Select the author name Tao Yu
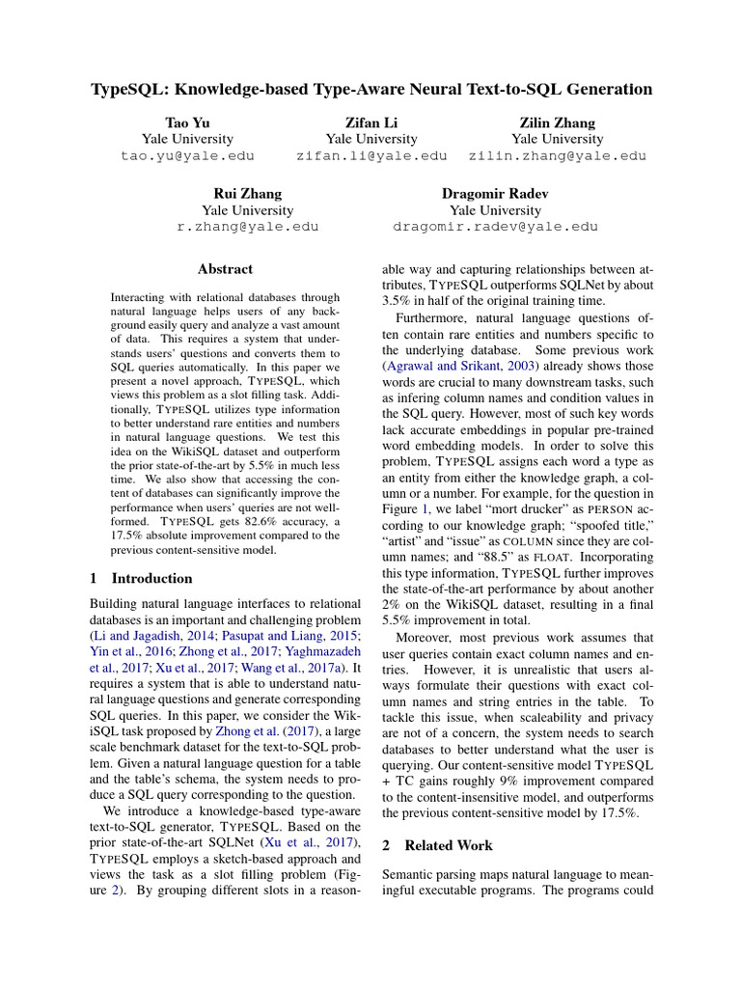click(x=187, y=123)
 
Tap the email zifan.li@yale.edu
click(x=371, y=155)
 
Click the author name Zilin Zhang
click(x=557, y=123)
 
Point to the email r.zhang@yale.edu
click(x=247, y=227)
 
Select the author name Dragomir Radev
click(x=495, y=194)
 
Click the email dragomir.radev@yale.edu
click(x=495, y=227)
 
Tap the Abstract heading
click(x=225, y=269)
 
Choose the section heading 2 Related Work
click(x=437, y=845)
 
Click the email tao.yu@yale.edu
click(x=187, y=155)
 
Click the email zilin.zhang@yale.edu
click(x=557, y=155)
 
